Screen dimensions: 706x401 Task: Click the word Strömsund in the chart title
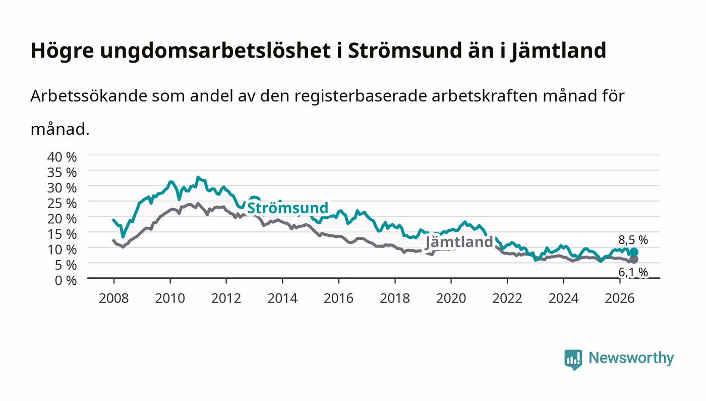point(404,51)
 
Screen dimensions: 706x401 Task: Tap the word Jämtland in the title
point(558,51)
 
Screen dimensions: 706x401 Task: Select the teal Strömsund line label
point(287,208)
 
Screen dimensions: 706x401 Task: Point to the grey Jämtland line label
point(459,242)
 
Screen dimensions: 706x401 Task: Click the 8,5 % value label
point(633,240)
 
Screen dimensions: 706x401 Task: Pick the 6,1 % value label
point(633,272)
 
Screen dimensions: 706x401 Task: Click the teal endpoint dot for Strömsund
point(634,252)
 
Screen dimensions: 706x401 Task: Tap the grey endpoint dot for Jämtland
point(634,259)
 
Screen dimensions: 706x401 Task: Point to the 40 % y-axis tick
point(62,157)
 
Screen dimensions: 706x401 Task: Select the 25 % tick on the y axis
point(62,204)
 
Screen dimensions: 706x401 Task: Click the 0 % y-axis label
point(66,280)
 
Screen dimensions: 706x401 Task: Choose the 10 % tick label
point(62,250)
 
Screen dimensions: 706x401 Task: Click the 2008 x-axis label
point(114,298)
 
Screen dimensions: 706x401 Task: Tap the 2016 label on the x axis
point(338,298)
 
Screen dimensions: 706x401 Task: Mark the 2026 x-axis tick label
point(620,298)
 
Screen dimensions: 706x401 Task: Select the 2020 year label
point(451,298)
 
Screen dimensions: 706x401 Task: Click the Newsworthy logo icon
point(573,359)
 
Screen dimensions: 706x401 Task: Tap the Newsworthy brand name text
point(631,358)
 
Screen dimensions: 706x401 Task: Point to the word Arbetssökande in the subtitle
point(89,95)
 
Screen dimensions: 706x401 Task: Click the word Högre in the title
point(63,51)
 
